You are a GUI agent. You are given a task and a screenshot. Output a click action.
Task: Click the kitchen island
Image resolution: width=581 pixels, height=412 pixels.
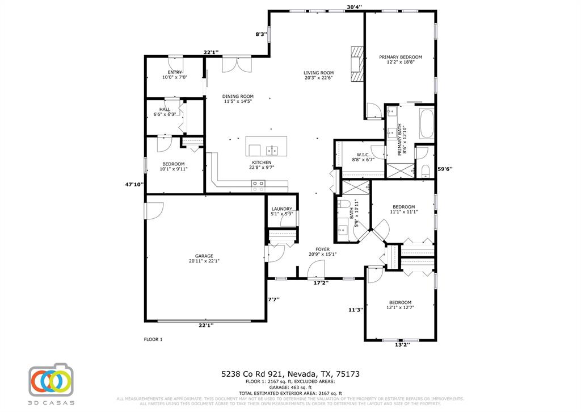[x=266, y=147]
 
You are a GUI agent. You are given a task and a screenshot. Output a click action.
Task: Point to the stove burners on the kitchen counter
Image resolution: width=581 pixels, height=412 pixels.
[x=258, y=183]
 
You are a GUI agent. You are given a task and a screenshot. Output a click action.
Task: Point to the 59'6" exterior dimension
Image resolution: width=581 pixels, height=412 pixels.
[x=445, y=169]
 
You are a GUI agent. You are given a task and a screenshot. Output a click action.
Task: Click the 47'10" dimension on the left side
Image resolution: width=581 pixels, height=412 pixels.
[x=134, y=184]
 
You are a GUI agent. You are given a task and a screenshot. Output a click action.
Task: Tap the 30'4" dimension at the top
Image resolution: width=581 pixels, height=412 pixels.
[x=355, y=7]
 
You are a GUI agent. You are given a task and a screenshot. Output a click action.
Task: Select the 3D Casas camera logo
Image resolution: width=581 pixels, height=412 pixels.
[x=51, y=379]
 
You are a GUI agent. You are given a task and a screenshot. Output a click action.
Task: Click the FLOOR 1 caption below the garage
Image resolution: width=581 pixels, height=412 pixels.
[x=153, y=339]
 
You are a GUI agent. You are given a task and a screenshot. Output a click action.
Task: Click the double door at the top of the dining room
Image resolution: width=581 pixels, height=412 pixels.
[x=236, y=64]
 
